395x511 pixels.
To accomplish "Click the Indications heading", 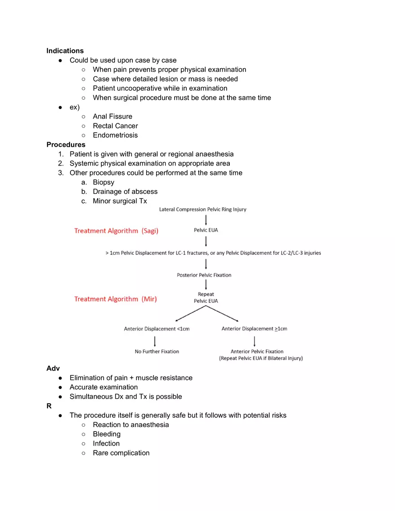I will [x=65, y=51].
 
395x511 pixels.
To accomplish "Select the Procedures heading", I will [x=66, y=144].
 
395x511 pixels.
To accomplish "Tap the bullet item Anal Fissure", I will [x=112, y=116].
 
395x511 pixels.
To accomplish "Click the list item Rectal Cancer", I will [x=115, y=126].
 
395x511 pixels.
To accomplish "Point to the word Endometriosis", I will [x=115, y=135].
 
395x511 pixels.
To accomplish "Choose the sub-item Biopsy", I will [x=103, y=182].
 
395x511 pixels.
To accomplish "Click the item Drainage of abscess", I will [x=125, y=192].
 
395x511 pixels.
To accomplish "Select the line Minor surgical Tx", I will [x=120, y=201].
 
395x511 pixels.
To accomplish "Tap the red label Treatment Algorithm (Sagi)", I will [x=116, y=231].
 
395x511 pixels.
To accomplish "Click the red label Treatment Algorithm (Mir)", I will [x=115, y=299].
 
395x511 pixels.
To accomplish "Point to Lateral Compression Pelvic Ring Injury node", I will [x=203, y=210].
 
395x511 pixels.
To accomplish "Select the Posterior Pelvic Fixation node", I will [x=204, y=275].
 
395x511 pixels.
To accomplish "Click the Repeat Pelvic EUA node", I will [x=206, y=298].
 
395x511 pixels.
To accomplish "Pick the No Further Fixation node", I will [x=157, y=351].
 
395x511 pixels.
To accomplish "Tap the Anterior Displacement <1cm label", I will [x=157, y=329].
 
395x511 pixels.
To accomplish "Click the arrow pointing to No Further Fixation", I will [x=155, y=341].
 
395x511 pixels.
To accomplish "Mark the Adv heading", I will [x=53, y=368].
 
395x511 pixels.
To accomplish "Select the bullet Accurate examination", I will [x=104, y=387].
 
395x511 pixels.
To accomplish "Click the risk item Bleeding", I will [x=106, y=434].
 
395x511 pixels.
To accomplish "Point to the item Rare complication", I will [x=121, y=453].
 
